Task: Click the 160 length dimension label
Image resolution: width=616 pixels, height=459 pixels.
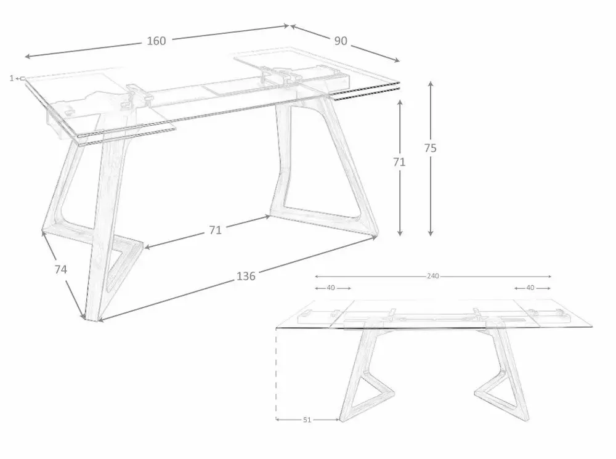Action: pyautogui.click(x=156, y=41)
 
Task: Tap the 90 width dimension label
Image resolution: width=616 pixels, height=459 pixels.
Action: pyautogui.click(x=341, y=41)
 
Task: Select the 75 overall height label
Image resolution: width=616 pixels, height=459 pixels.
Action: pyautogui.click(x=431, y=148)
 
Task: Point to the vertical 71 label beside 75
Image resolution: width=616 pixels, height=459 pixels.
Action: pyautogui.click(x=400, y=162)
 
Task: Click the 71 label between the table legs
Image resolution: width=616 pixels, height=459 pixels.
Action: pyautogui.click(x=215, y=230)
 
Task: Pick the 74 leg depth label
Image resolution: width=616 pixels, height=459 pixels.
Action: pyautogui.click(x=60, y=269)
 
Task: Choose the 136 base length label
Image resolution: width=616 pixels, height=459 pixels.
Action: pyautogui.click(x=246, y=276)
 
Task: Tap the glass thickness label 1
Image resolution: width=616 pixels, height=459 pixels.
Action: pyautogui.click(x=12, y=78)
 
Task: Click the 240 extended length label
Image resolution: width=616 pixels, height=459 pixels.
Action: pyautogui.click(x=432, y=276)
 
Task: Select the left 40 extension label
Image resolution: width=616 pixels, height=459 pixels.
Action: pyautogui.click(x=332, y=288)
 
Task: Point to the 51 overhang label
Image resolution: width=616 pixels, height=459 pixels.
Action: pyautogui.click(x=307, y=420)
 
